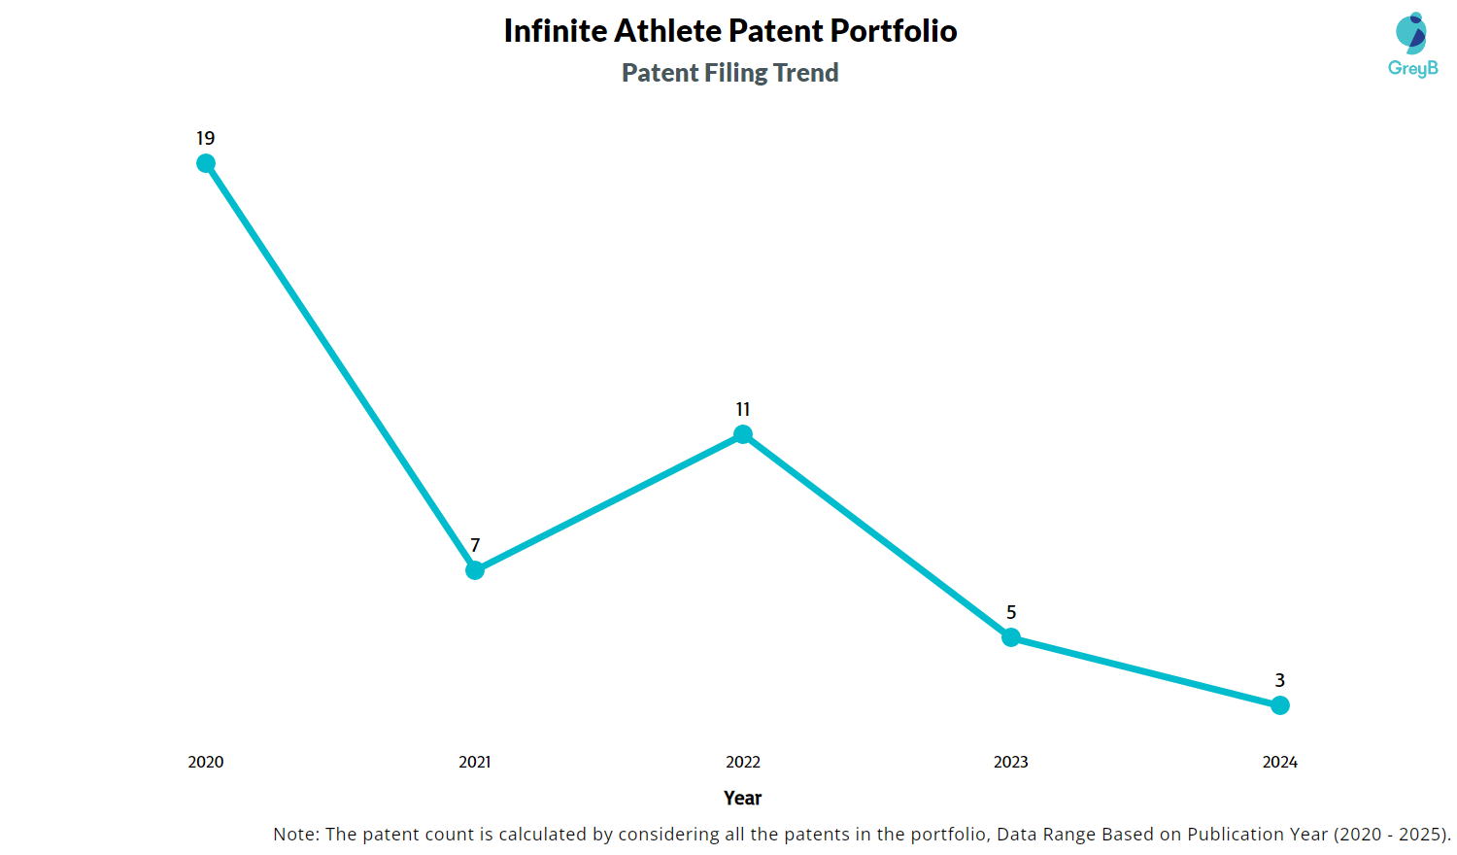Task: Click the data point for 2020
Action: click(x=206, y=163)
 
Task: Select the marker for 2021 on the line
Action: click(x=475, y=570)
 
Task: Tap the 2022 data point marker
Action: click(x=743, y=434)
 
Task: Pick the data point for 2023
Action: click(x=1011, y=637)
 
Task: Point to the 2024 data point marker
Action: click(x=1280, y=705)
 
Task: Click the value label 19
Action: click(x=206, y=138)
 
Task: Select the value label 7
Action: click(x=475, y=545)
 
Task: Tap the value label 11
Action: click(x=743, y=409)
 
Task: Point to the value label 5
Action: click(x=1011, y=612)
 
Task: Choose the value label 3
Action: click(x=1280, y=680)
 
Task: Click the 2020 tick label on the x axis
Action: click(x=206, y=762)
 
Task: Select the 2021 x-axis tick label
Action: click(x=475, y=762)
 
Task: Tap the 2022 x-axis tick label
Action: click(x=743, y=762)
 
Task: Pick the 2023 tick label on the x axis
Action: click(x=1011, y=762)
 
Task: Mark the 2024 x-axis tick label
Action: click(x=1280, y=762)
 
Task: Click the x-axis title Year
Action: click(x=743, y=798)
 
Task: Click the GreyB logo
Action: click(x=1412, y=45)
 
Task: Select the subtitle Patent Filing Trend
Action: click(x=730, y=73)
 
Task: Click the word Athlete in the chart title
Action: click(x=667, y=31)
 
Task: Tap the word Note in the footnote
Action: click(x=293, y=834)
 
